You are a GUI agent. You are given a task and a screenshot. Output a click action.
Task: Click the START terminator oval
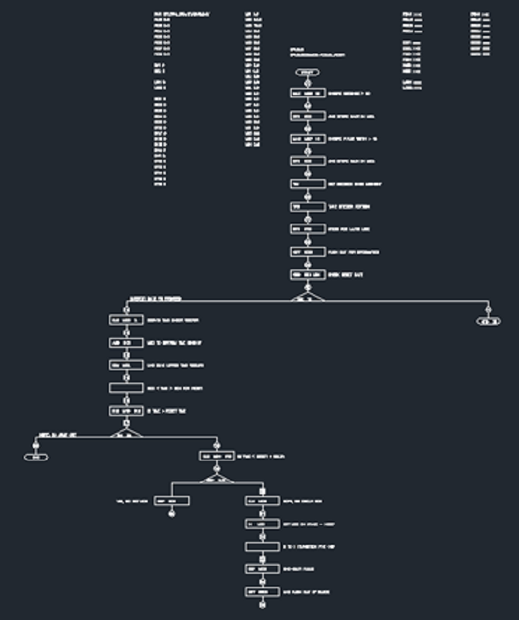point(308,72)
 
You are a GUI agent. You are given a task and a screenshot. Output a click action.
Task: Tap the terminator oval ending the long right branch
point(489,320)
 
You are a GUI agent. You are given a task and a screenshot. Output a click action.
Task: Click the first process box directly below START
point(308,94)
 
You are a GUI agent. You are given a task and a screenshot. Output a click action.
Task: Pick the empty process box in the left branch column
point(126,388)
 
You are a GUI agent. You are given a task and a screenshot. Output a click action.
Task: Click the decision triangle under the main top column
point(308,297)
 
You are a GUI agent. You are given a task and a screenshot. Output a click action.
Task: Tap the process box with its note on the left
point(172,500)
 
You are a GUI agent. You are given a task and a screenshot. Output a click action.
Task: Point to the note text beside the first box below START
point(350,94)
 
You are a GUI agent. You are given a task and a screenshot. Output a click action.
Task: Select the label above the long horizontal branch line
point(155,298)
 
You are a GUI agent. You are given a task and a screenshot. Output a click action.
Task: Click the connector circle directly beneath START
point(308,83)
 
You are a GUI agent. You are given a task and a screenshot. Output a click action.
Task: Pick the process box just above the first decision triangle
point(308,275)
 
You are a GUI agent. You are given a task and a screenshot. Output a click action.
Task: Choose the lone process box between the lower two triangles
point(216,455)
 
